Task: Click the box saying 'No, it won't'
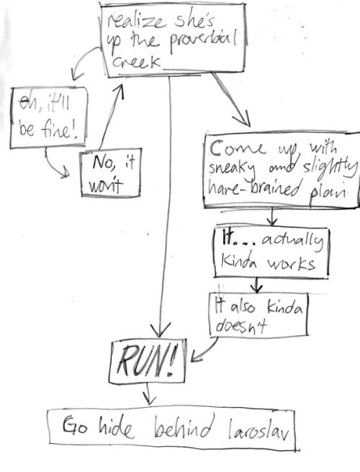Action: point(111,172)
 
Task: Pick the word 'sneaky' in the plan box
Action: point(232,169)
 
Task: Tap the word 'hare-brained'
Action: point(253,187)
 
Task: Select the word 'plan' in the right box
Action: point(328,192)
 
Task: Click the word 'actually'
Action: point(292,241)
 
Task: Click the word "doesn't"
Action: point(241,326)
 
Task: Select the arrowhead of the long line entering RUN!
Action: point(160,329)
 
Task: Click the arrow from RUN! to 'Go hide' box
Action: point(148,393)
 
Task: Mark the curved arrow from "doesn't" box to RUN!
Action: point(205,351)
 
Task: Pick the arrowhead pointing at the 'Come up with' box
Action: point(243,118)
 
